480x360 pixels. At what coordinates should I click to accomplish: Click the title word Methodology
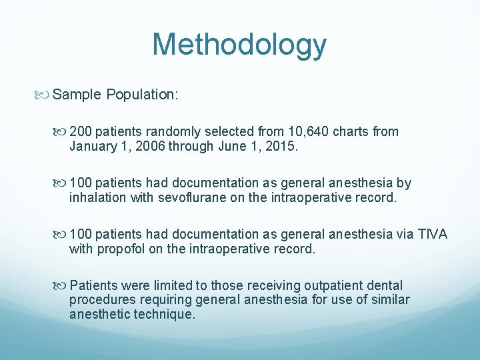tap(239, 45)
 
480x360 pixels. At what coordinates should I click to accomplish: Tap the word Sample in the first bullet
tap(76, 95)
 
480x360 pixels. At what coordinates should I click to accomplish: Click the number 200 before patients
tap(81, 131)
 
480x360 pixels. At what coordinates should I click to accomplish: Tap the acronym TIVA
tap(433, 234)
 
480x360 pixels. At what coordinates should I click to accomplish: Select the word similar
tap(386, 300)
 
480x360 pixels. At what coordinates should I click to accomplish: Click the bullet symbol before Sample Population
tap(45, 95)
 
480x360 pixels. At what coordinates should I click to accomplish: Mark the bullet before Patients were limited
tap(62, 285)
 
